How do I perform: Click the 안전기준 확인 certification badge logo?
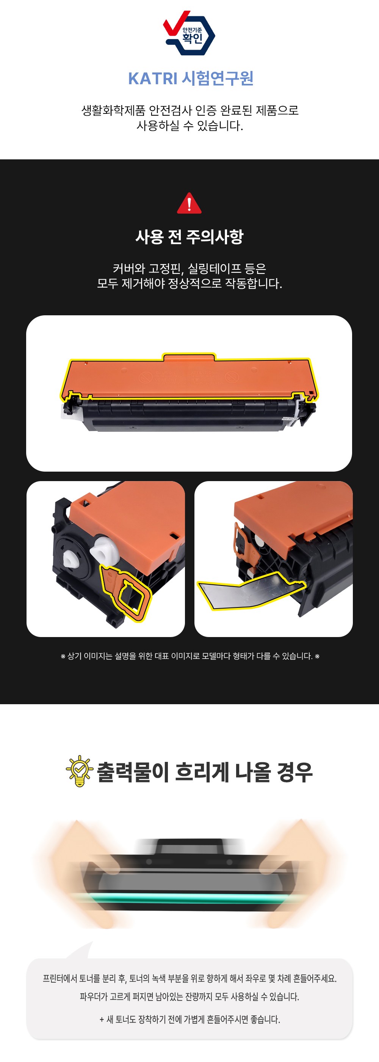coord(189,33)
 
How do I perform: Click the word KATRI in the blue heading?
coord(152,78)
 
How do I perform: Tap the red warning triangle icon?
coord(189,203)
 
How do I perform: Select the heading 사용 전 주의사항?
coord(189,237)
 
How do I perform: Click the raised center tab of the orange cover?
coord(189,357)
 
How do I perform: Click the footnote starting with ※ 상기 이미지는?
coord(189,656)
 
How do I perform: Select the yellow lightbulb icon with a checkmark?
coord(79,771)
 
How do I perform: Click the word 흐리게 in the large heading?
coord(202,772)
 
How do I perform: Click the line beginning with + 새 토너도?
coord(189,1020)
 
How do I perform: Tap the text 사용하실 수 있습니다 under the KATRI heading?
coord(189,125)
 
